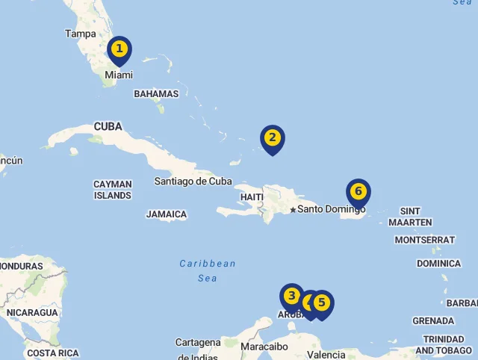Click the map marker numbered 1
[x=119, y=50]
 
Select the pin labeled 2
[x=273, y=138]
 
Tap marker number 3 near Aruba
[x=291, y=296]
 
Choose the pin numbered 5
[x=322, y=303]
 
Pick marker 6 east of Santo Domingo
[x=358, y=192]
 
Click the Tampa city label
[x=81, y=34]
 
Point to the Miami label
[x=119, y=75]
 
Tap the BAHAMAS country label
[x=156, y=94]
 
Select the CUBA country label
[x=108, y=127]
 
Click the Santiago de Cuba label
[x=193, y=181]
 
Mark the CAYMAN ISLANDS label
[x=113, y=190]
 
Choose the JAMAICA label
[x=167, y=214]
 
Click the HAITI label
[x=252, y=197]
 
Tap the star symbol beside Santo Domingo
[x=293, y=209]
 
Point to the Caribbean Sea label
[x=208, y=270]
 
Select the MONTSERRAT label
[x=424, y=240]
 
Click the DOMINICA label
[x=438, y=264]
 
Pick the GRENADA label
[x=433, y=321]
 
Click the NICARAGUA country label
[x=32, y=313]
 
